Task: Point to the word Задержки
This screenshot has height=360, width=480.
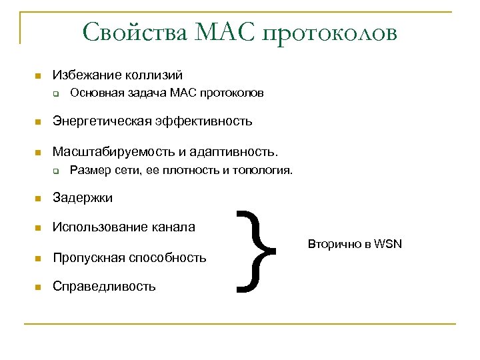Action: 83,198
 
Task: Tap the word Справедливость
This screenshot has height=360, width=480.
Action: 104,287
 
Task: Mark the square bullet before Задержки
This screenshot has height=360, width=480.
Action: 39,199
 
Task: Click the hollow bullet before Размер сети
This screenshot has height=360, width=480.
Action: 58,171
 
